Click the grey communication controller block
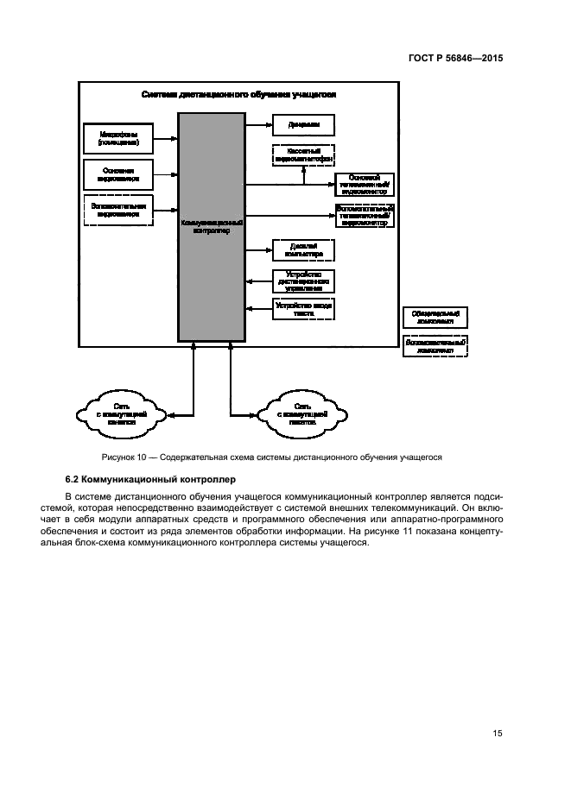(x=211, y=227)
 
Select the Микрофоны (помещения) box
(x=117, y=137)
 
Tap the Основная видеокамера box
(x=117, y=174)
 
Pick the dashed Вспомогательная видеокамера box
(x=117, y=211)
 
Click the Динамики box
(x=302, y=125)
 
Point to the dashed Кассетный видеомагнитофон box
(x=302, y=155)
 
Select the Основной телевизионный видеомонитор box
(x=364, y=184)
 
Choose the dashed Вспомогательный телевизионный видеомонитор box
(x=364, y=215)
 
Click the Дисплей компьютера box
(x=302, y=249)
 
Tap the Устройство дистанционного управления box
(x=302, y=281)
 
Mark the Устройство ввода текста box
(x=302, y=309)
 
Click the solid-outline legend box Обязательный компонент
(x=435, y=318)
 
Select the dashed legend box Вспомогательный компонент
(x=435, y=346)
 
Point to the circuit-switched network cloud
(x=124, y=413)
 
